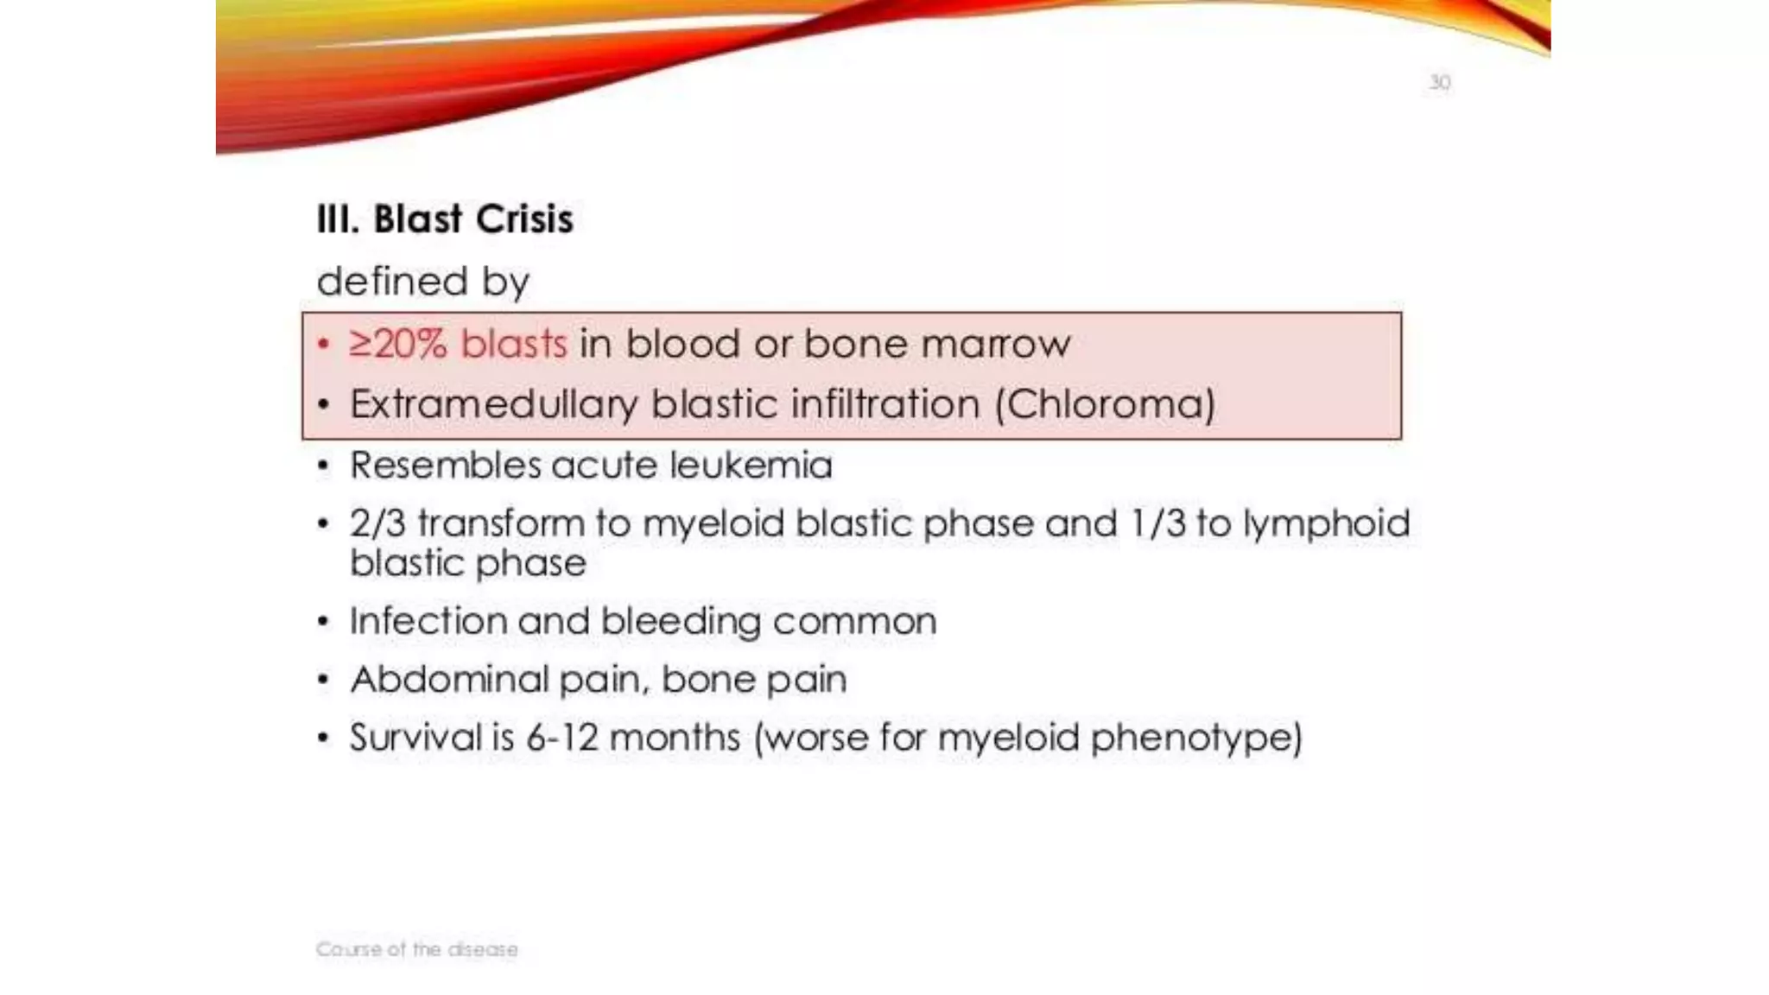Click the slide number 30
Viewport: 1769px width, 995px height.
point(1439,83)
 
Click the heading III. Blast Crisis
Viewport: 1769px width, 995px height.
point(445,219)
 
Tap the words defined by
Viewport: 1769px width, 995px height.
point(423,282)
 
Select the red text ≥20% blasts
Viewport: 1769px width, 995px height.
point(458,344)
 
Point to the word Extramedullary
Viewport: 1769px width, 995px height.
point(493,404)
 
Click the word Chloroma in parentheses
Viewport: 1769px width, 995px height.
point(1105,404)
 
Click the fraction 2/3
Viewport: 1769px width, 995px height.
point(377,523)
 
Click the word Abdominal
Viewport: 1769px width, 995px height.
point(448,679)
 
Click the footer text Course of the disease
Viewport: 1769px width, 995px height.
point(416,949)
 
